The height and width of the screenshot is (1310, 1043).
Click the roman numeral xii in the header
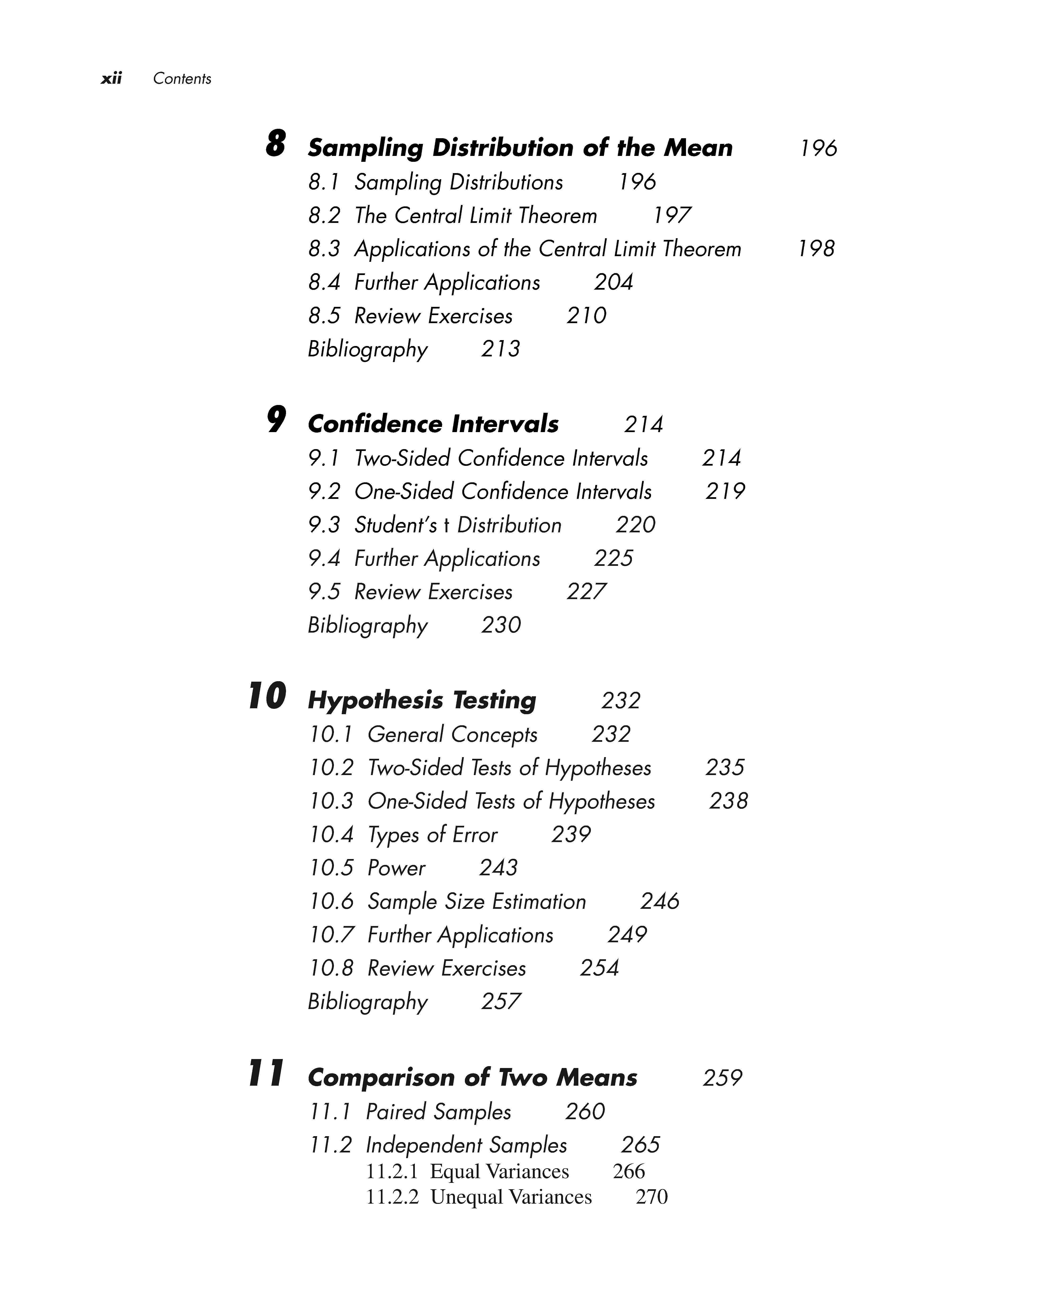coord(111,78)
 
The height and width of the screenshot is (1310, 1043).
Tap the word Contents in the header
coord(182,78)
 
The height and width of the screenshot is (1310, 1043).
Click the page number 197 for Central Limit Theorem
coord(672,215)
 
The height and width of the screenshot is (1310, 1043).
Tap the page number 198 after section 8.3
coord(816,249)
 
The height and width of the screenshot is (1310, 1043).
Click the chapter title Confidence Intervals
coord(433,424)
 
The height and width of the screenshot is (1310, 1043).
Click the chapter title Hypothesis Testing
coord(422,701)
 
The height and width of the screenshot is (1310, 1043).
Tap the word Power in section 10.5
coord(396,868)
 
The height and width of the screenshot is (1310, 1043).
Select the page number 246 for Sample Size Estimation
coord(660,901)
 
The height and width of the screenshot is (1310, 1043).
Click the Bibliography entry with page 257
coord(368,1001)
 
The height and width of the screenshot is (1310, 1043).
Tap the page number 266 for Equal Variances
coord(628,1171)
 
